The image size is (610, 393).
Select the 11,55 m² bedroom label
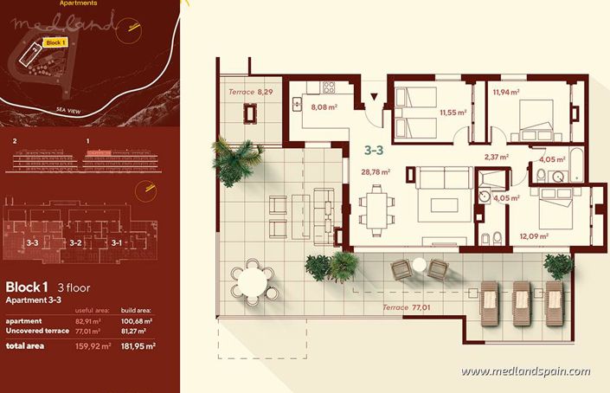pos(453,113)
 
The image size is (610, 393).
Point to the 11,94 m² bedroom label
pos(505,92)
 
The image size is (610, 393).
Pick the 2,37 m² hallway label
pos(496,158)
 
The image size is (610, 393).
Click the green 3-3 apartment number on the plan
pos(373,150)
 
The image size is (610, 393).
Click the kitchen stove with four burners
pos(329,87)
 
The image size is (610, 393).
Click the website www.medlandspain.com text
pos(525,372)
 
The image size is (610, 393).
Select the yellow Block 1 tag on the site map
pos(55,42)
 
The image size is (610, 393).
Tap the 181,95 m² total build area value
pos(138,346)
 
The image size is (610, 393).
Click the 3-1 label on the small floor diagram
pos(117,243)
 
